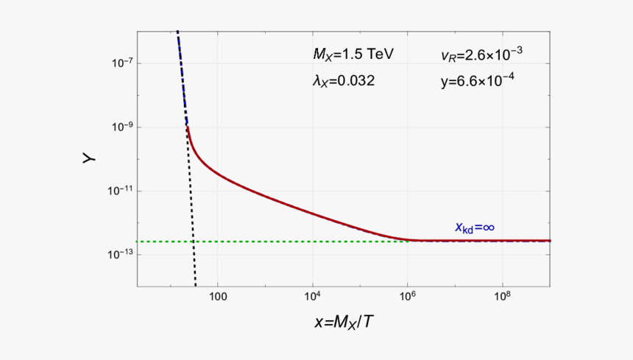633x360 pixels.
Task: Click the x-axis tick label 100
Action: coord(217,297)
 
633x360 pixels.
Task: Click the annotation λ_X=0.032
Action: coord(344,82)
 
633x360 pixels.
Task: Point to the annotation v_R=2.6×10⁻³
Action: coord(481,54)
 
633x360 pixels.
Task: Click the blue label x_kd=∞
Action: coord(474,227)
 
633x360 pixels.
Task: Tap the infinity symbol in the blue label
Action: coord(487,227)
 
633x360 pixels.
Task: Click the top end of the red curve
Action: coord(188,127)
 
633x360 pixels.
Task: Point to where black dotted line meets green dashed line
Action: coord(193,241)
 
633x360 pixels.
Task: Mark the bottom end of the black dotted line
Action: coord(196,286)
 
